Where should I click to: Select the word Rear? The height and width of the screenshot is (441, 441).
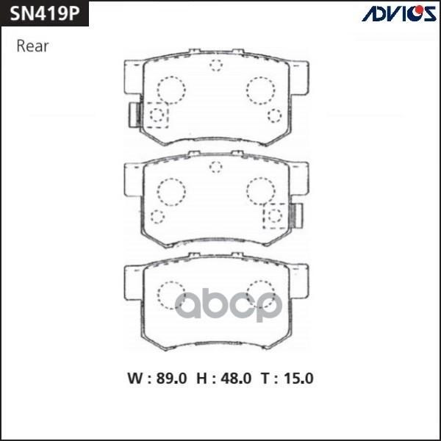pyautogui.click(x=32, y=46)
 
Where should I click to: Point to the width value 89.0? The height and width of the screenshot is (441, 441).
pyautogui.click(x=171, y=379)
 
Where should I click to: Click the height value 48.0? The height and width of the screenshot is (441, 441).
pyautogui.click(x=235, y=379)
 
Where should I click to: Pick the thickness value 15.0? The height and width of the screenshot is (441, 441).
pyautogui.click(x=297, y=379)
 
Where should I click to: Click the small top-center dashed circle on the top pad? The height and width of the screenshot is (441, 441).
pyautogui.click(x=216, y=65)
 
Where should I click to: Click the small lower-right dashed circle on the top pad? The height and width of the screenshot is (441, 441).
pyautogui.click(x=275, y=115)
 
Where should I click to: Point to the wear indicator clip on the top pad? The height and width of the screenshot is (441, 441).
pyautogui.click(x=135, y=115)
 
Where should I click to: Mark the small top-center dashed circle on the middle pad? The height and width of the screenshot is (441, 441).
pyautogui.click(x=216, y=166)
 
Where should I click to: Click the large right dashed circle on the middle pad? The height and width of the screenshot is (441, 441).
pyautogui.click(x=260, y=191)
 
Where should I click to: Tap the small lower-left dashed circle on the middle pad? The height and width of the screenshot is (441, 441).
pyautogui.click(x=157, y=215)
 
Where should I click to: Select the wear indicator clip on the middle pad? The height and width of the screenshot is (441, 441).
pyautogui.click(x=298, y=215)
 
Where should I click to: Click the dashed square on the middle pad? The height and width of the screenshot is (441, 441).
pyautogui.click(x=276, y=215)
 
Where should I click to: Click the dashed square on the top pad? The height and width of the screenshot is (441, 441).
pyautogui.click(x=157, y=115)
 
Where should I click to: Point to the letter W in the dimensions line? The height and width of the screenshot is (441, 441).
pyautogui.click(x=135, y=379)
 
